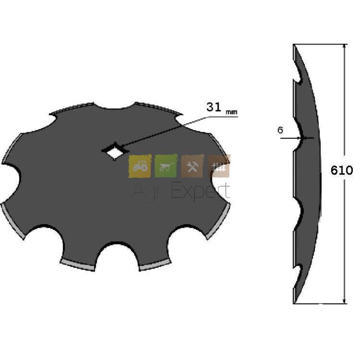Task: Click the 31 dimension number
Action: tap(214, 107)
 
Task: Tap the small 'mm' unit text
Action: tap(231, 113)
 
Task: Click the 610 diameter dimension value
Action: tap(341, 170)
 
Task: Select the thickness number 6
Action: tap(280, 130)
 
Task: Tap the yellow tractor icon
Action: tap(140, 166)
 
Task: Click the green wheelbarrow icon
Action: tap(166, 166)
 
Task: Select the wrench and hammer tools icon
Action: tap(192, 166)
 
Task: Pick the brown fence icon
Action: tap(219, 166)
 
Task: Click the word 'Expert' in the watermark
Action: tap(200, 191)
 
